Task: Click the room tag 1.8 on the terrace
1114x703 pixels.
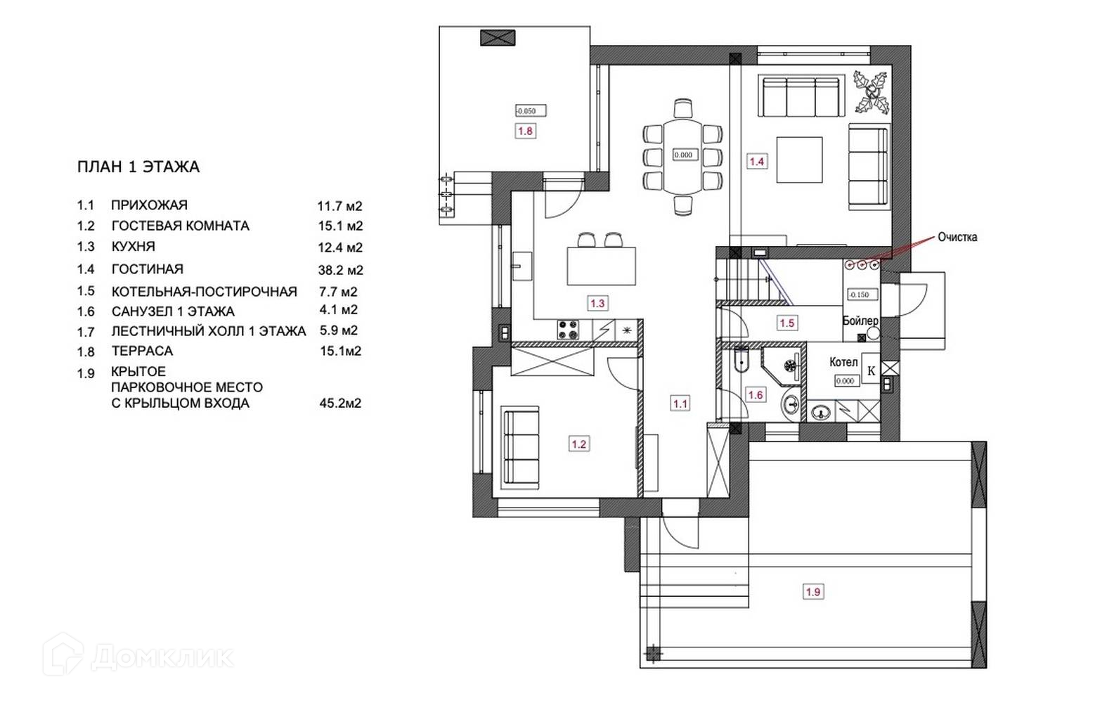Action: [x=525, y=131]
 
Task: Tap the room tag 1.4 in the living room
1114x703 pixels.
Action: [x=756, y=162]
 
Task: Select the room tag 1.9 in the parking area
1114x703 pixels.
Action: [x=813, y=592]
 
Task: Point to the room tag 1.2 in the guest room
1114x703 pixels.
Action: [x=579, y=444]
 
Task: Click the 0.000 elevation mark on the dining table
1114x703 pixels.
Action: [x=683, y=155]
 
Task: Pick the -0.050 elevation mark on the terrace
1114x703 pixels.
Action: [x=531, y=111]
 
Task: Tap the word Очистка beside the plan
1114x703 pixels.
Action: [x=957, y=238]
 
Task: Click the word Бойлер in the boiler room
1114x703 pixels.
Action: [x=860, y=321]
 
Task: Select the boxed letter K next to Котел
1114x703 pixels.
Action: [x=871, y=371]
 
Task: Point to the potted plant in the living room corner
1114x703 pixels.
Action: [x=872, y=92]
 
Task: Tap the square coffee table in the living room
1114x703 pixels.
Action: [x=799, y=160]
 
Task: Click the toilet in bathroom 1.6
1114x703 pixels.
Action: [x=741, y=360]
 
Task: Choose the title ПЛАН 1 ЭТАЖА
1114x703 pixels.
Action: [x=138, y=167]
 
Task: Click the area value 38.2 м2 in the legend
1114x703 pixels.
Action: [x=341, y=270]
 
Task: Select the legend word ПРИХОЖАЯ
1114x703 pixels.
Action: [x=149, y=205]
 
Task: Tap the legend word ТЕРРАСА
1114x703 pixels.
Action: [x=142, y=351]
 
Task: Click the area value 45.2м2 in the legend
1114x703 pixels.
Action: [x=341, y=403]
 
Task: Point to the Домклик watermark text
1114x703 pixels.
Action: [x=162, y=657]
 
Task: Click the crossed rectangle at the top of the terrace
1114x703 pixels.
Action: [x=498, y=38]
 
